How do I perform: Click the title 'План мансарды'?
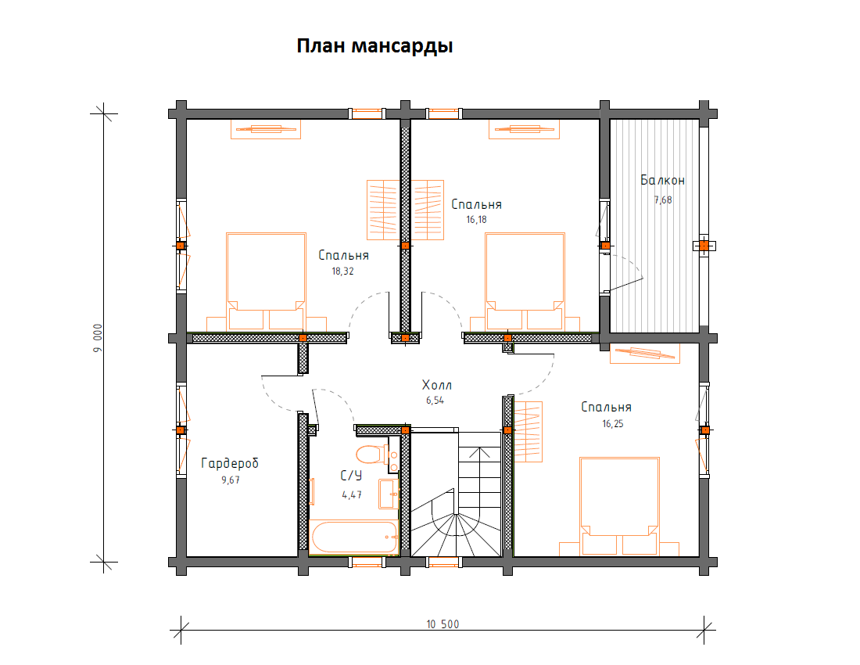click(374, 46)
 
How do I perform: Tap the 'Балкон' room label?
click(662, 181)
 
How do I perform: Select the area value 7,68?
click(662, 199)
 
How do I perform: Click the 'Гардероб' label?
click(229, 463)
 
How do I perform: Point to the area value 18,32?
click(343, 272)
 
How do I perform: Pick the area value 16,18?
click(476, 221)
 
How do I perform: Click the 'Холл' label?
click(436, 385)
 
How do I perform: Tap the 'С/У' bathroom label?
click(351, 475)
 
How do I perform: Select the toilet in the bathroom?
click(372, 454)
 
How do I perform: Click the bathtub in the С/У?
click(353, 537)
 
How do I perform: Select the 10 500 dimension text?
click(443, 624)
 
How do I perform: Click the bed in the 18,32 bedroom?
click(266, 281)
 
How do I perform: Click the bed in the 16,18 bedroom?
click(525, 281)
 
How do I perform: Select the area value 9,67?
click(230, 480)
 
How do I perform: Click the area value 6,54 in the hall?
click(436, 400)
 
